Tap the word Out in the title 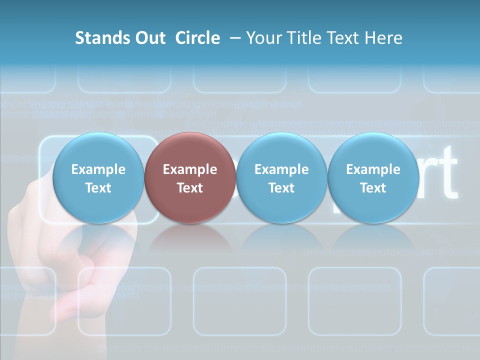click(x=149, y=38)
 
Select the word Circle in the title click(x=197, y=38)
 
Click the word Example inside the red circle click(x=190, y=169)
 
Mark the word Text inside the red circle click(x=190, y=188)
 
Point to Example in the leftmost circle click(x=98, y=169)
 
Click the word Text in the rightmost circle click(x=373, y=188)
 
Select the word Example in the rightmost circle click(x=373, y=169)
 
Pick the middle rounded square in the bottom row click(x=239, y=300)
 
